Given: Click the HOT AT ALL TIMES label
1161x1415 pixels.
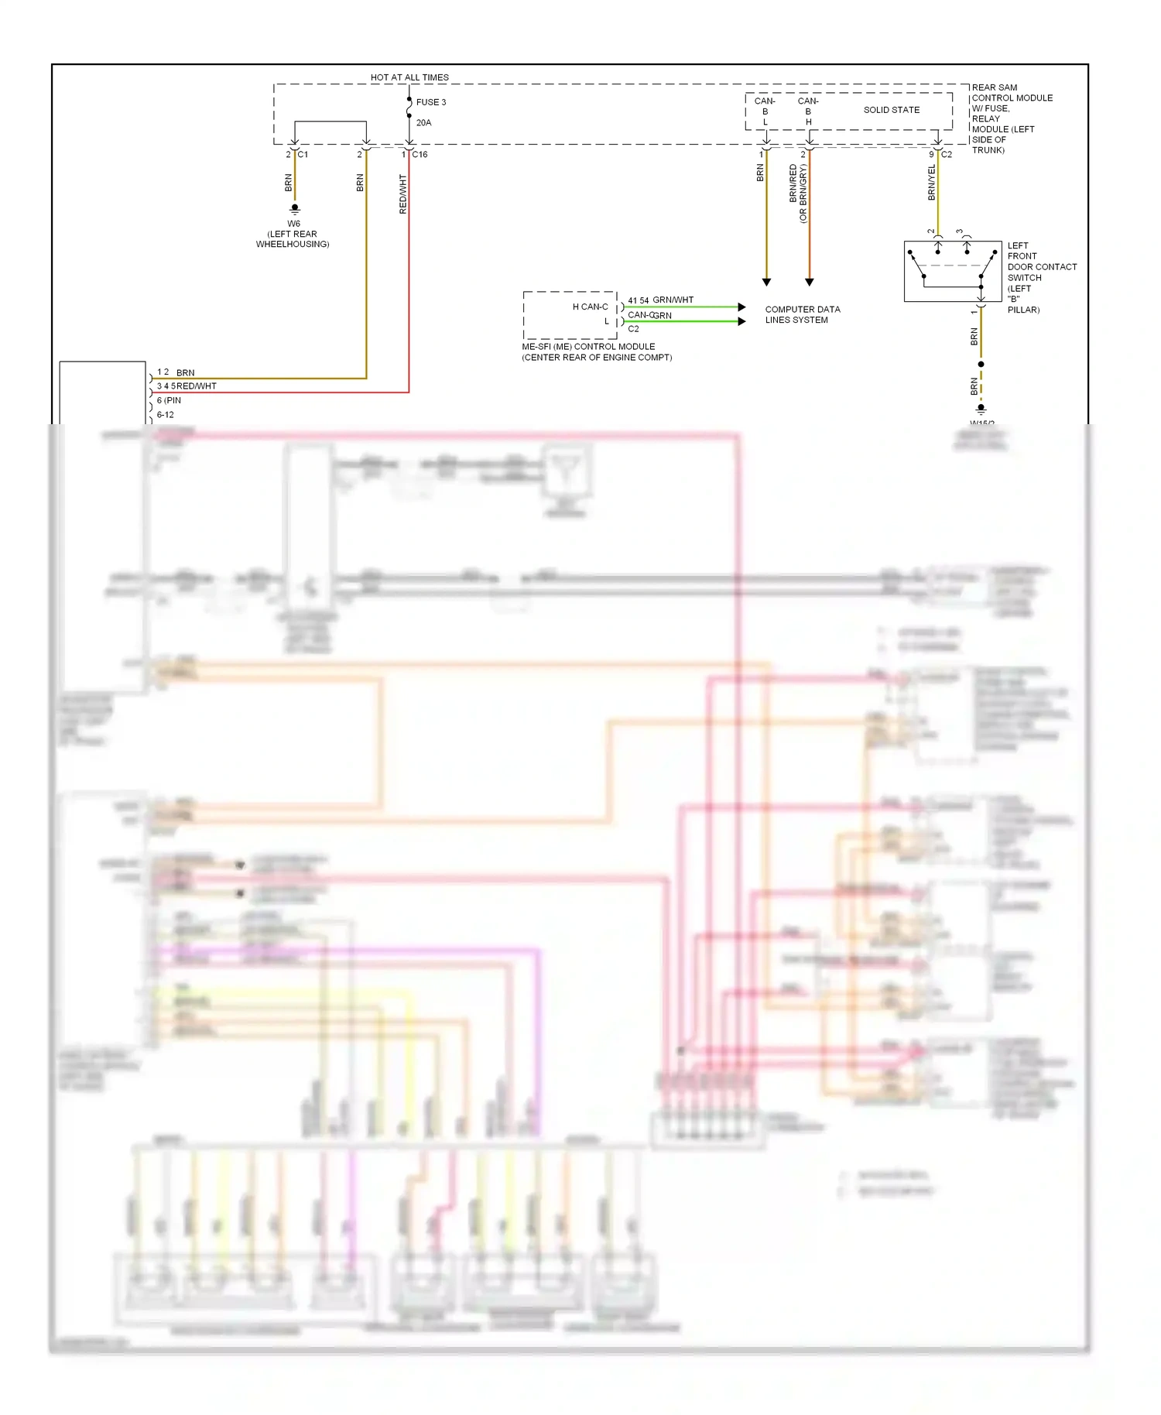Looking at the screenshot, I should tap(409, 77).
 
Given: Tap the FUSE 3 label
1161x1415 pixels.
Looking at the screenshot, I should tap(430, 102).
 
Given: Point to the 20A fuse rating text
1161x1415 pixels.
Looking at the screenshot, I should tap(423, 122).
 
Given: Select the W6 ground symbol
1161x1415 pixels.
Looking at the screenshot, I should tap(294, 208).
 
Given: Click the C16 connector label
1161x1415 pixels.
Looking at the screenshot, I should tap(420, 155).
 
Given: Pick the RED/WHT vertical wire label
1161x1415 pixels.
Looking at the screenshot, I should tap(402, 194).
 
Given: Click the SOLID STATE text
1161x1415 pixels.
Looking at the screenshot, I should tap(892, 110).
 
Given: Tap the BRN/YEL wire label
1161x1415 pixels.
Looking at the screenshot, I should tap(931, 183).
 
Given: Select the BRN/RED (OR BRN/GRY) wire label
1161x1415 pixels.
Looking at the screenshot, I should tap(797, 194).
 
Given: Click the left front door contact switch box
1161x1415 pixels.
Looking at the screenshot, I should tap(952, 271).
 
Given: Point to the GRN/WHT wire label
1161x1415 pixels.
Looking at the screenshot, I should tap(673, 300).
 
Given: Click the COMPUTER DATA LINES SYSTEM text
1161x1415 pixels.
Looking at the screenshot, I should tap(802, 314).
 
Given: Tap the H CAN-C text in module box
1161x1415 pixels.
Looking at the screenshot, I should tap(590, 307).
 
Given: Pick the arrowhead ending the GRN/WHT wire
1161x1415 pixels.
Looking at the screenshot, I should tap(741, 307).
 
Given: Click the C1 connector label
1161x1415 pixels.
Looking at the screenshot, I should tap(303, 155).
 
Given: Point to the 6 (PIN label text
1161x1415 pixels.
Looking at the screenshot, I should tap(169, 400).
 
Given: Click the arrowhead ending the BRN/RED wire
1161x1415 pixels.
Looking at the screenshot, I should tap(809, 283).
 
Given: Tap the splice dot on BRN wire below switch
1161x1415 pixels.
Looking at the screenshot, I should tap(981, 364).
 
